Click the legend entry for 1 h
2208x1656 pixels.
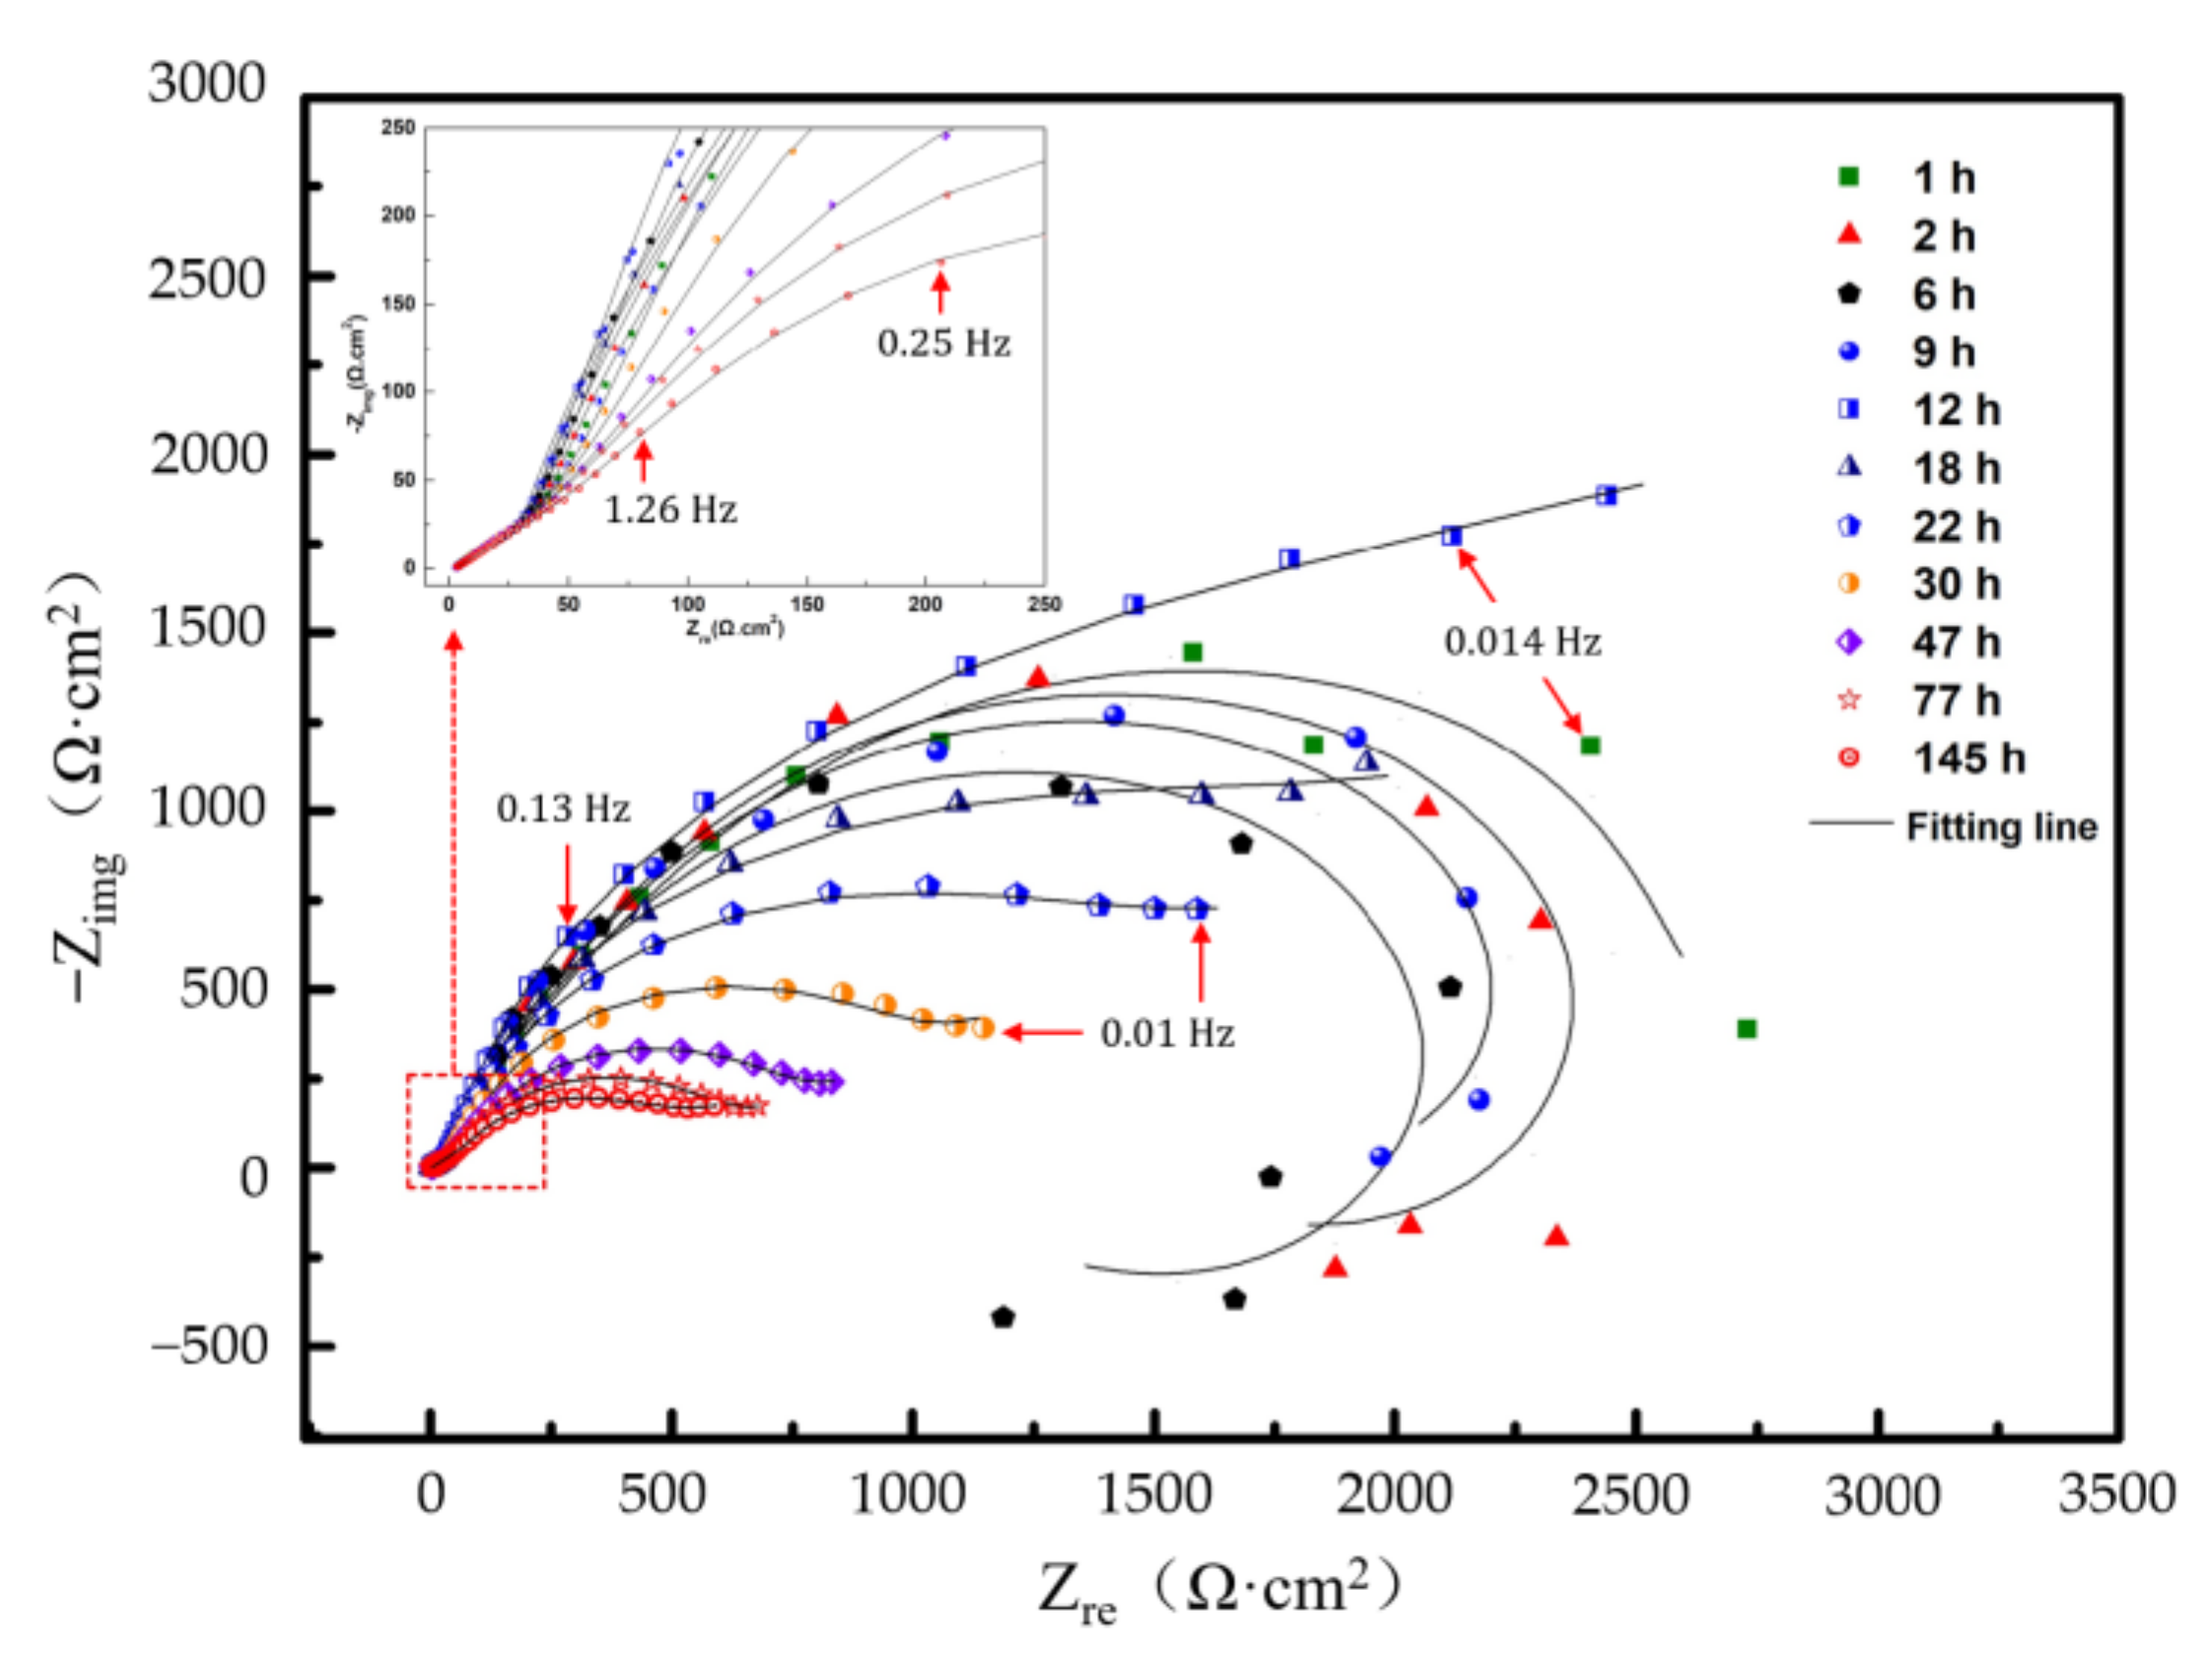[1942, 177]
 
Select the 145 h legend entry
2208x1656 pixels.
[1966, 759]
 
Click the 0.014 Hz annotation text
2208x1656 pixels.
[1522, 641]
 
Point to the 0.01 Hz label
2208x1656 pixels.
[1167, 1033]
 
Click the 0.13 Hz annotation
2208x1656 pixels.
[563, 808]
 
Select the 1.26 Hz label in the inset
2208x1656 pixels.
[671, 510]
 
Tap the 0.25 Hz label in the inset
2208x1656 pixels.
[943, 343]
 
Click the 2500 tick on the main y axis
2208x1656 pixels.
[208, 280]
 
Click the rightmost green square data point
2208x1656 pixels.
[1746, 1028]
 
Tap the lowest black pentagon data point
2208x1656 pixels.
[1003, 1318]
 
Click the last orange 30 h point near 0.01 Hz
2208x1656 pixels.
[982, 1028]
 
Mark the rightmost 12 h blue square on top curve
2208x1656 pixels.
[1606, 495]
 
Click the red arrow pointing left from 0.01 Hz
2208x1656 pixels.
[1043, 1032]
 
